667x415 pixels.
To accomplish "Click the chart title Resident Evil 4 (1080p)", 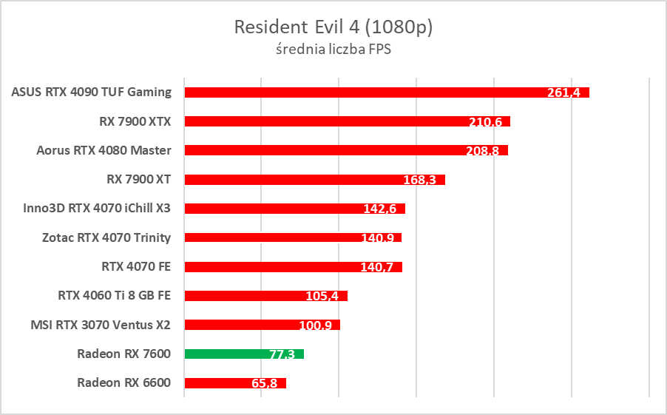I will pos(333,27).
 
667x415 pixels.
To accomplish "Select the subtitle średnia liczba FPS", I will pos(333,50).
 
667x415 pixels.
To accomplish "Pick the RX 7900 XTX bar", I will pos(325,121).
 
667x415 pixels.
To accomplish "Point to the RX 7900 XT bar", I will pos(296,179).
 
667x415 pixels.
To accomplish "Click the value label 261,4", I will pos(563,93).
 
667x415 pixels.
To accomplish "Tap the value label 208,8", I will pos(484,151).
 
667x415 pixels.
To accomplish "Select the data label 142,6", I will pos(380,209).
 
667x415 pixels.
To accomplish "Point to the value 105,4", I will pos(322,296).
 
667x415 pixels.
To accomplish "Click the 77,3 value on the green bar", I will pos(282,354).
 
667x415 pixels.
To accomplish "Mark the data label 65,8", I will pos(263,383).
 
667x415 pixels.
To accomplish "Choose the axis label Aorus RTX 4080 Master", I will pos(104,150).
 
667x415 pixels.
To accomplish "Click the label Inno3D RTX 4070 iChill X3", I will pos(97,208).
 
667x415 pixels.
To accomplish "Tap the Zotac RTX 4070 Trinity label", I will pos(106,237).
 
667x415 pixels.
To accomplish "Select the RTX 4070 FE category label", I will pos(136,266).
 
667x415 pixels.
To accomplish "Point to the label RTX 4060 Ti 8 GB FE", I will pos(114,295).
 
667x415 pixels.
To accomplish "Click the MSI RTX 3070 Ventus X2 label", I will pos(101,324).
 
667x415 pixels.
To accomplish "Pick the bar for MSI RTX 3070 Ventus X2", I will pos(244,325).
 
